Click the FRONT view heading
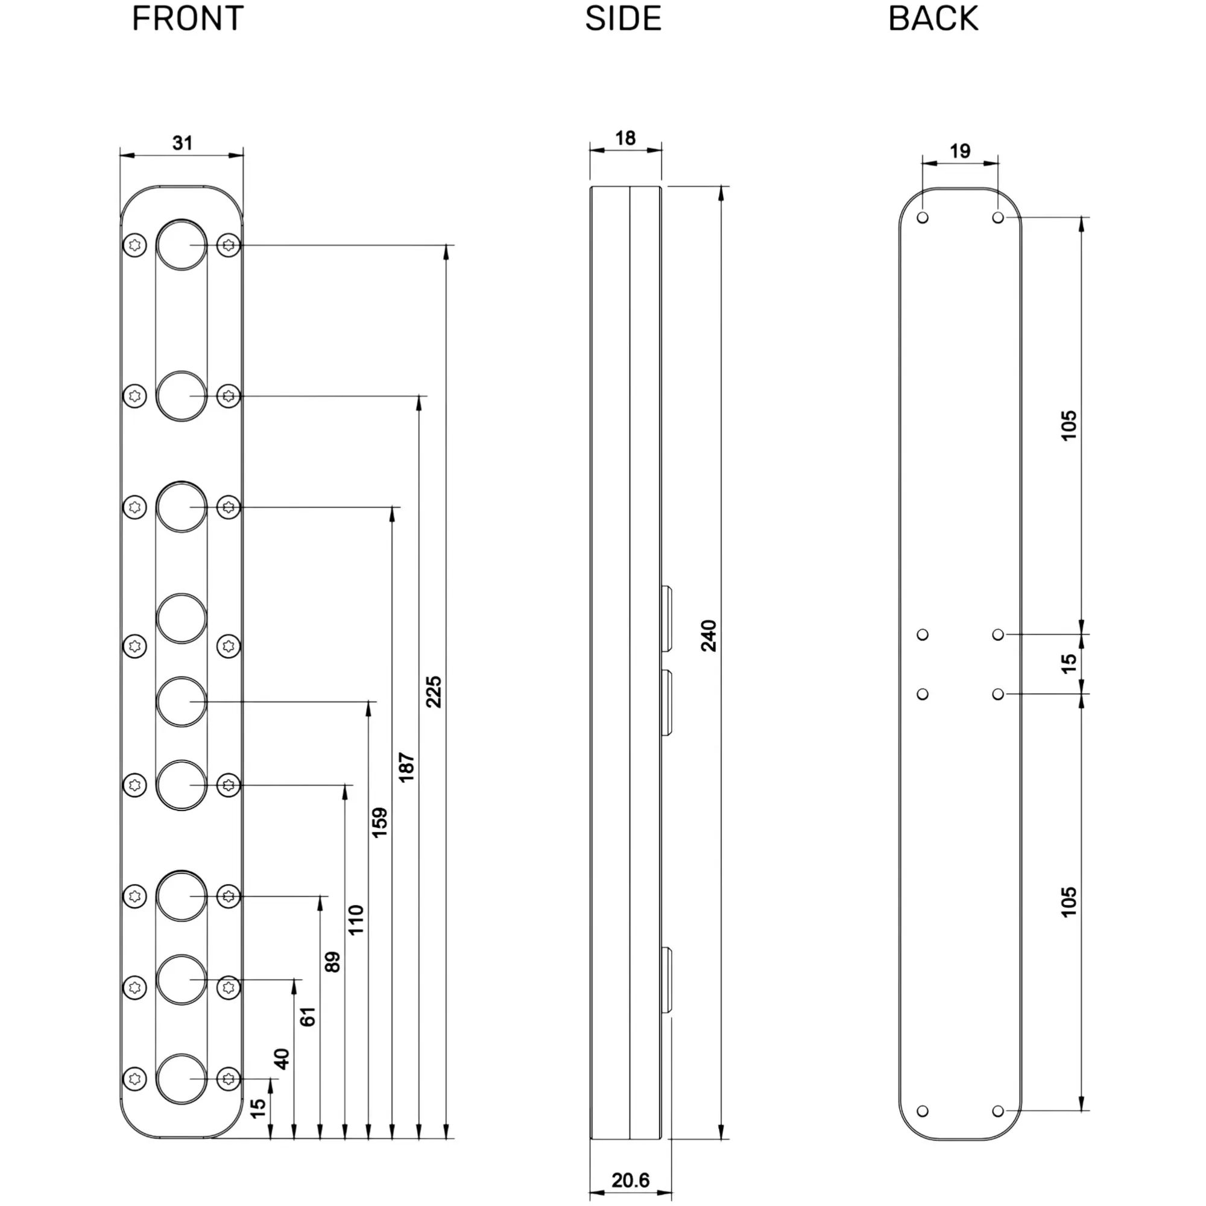point(188,18)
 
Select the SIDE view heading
point(622,18)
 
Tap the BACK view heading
point(933,18)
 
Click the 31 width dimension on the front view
point(182,143)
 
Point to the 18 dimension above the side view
point(625,138)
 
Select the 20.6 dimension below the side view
point(630,1180)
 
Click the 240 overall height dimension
point(709,636)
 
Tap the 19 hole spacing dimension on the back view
point(959,151)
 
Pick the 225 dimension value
point(434,691)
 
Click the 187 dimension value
point(406,767)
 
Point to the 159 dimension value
point(379,822)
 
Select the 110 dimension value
point(356,920)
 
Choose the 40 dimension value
point(282,1059)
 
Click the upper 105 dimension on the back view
point(1069,425)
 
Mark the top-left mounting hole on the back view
point(923,217)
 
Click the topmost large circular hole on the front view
point(181,245)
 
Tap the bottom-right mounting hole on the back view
point(997,1111)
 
